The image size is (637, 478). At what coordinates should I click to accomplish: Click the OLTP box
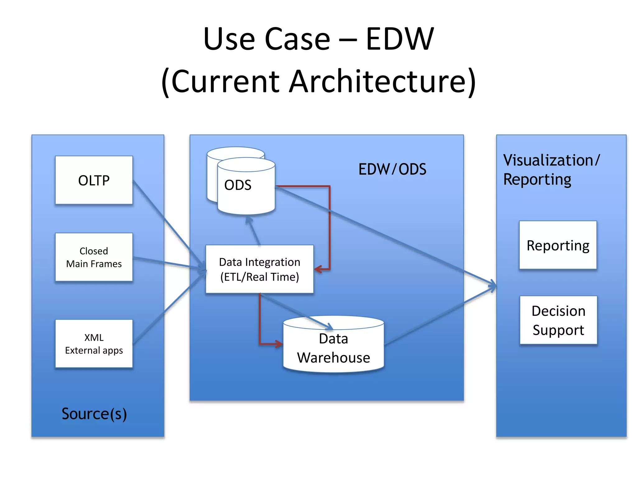(94, 180)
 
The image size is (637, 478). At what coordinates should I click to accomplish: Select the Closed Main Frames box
(94, 257)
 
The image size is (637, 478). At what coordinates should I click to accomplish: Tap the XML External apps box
(94, 344)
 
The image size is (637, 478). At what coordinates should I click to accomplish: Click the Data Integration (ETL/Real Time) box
(259, 269)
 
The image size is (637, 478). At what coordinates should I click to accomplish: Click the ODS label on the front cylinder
(238, 185)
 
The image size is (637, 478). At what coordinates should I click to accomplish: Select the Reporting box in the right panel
(558, 245)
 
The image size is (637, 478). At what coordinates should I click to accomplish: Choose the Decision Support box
(558, 320)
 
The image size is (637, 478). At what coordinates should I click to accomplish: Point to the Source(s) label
(94, 414)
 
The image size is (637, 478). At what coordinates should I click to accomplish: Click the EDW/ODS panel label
(392, 169)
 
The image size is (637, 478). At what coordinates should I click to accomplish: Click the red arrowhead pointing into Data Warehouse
(279, 344)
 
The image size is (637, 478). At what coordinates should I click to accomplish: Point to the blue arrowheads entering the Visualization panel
(492, 286)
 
